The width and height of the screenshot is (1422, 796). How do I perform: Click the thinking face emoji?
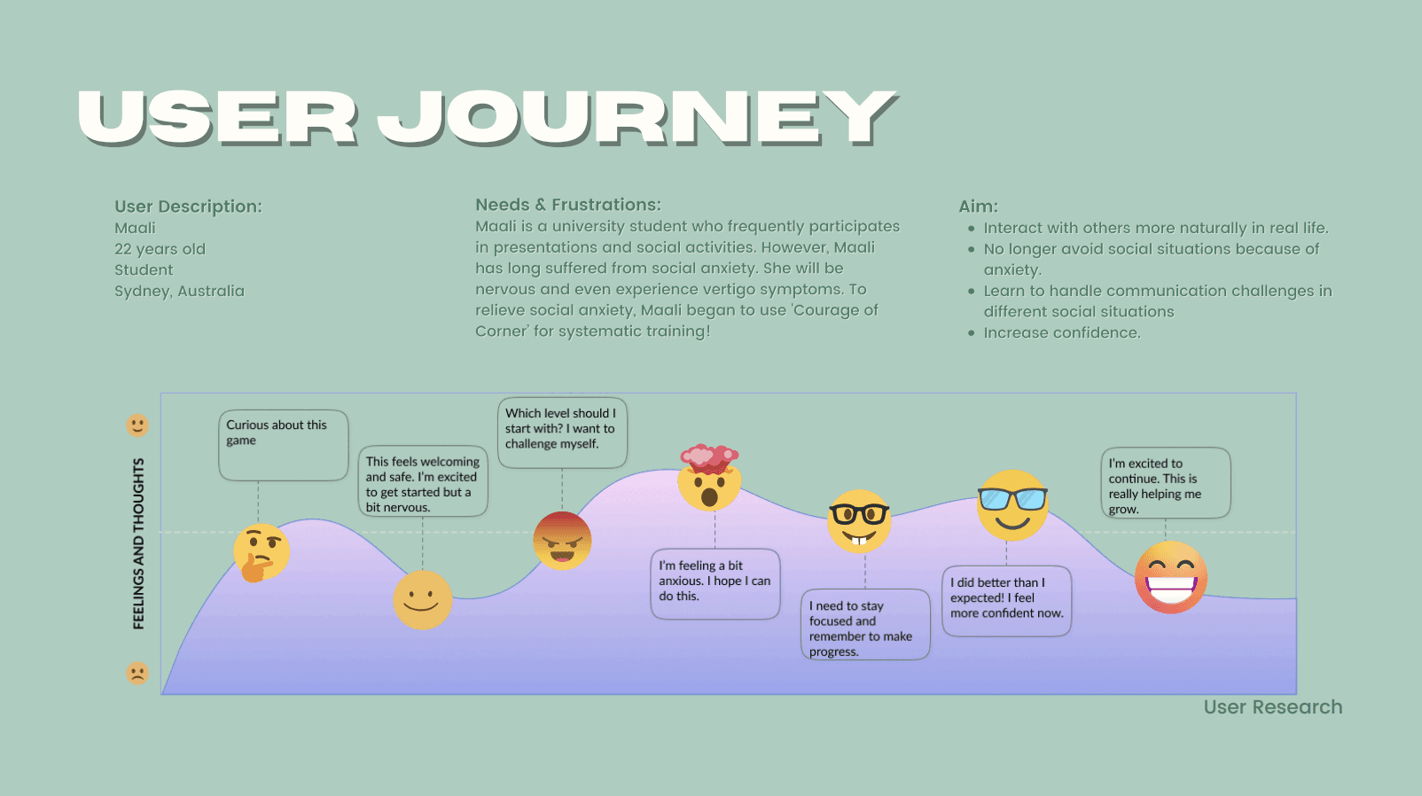[262, 552]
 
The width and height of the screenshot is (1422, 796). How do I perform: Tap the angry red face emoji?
[562, 541]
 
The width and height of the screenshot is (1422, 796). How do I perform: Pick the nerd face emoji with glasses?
[858, 521]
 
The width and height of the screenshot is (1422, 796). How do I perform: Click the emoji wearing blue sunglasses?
[1012, 505]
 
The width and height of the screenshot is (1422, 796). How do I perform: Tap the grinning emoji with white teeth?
[1171, 577]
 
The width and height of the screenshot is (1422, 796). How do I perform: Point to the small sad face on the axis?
[137, 673]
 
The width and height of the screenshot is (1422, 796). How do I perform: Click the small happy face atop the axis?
[137, 425]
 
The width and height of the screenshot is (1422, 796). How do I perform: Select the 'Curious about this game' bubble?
[284, 445]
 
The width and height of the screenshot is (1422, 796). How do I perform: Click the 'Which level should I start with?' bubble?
[562, 433]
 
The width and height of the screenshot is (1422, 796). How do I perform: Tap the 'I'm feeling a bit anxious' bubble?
[715, 583]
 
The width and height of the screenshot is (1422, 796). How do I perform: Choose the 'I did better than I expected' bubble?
[1006, 601]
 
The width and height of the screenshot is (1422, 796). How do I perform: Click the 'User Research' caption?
[1272, 707]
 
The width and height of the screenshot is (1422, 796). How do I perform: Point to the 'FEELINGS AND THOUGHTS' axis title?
[138, 543]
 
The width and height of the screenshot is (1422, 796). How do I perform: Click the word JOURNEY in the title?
[637, 118]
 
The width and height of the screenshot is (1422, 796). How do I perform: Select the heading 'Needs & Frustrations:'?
[568, 205]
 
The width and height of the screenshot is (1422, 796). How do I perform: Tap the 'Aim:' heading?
[978, 207]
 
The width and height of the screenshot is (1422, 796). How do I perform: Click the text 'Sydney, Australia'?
[179, 291]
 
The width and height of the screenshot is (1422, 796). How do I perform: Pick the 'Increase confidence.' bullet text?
[1062, 332]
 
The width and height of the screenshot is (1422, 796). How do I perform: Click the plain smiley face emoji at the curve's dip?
[422, 600]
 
